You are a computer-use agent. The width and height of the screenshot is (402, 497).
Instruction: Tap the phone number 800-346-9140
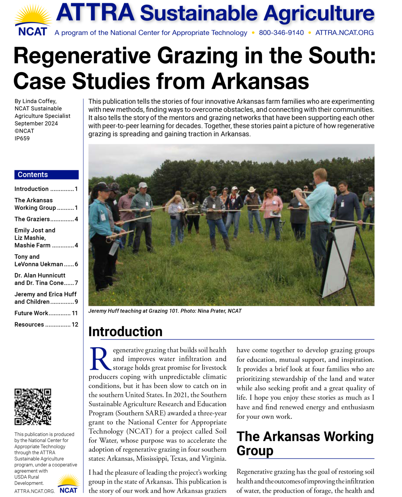(x=281, y=33)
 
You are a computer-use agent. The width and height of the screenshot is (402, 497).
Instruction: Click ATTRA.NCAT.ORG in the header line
(x=344, y=33)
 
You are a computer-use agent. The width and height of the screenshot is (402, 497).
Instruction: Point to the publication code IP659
(x=22, y=138)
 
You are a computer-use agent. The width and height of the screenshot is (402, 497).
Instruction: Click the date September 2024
(x=36, y=124)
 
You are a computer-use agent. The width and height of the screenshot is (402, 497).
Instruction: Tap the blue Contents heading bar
(x=46, y=175)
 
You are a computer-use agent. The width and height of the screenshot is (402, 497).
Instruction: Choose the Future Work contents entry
(x=31, y=313)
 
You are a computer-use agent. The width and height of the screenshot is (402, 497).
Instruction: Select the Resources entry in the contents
(x=29, y=325)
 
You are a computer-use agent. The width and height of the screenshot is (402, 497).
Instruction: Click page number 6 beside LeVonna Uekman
(x=76, y=264)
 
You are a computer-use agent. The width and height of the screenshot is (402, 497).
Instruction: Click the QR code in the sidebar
(x=33, y=407)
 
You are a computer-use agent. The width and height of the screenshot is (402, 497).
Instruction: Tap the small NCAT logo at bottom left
(x=69, y=484)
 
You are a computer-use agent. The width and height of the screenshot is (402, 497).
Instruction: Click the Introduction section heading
(x=125, y=332)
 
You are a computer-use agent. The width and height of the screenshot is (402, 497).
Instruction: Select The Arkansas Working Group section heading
(x=305, y=443)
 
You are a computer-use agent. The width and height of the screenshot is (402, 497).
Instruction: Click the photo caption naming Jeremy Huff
(x=165, y=311)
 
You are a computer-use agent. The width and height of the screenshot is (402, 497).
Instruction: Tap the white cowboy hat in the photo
(x=251, y=189)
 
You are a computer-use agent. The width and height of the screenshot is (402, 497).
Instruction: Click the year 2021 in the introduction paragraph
(x=181, y=395)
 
